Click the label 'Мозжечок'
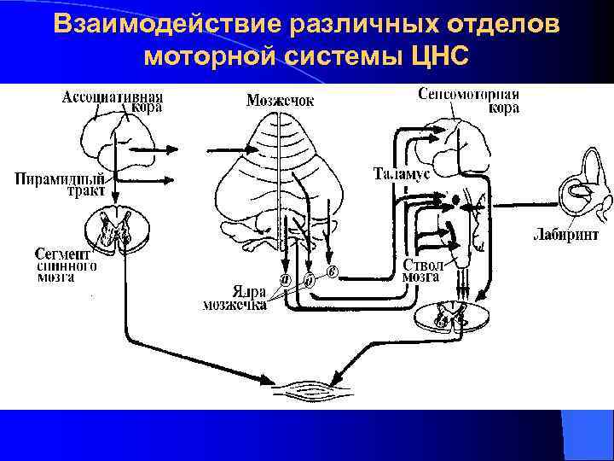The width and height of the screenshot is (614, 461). point(280,101)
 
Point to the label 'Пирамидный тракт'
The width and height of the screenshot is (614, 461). point(65,185)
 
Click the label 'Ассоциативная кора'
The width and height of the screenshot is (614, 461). point(113,103)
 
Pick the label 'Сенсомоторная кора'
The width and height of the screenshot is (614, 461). point(470,101)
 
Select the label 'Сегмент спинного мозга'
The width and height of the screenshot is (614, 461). point(66,266)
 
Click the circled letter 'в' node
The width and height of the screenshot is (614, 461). point(333,271)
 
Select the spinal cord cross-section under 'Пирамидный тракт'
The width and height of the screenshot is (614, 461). point(117,230)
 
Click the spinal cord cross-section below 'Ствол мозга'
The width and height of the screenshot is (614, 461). point(449,318)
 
